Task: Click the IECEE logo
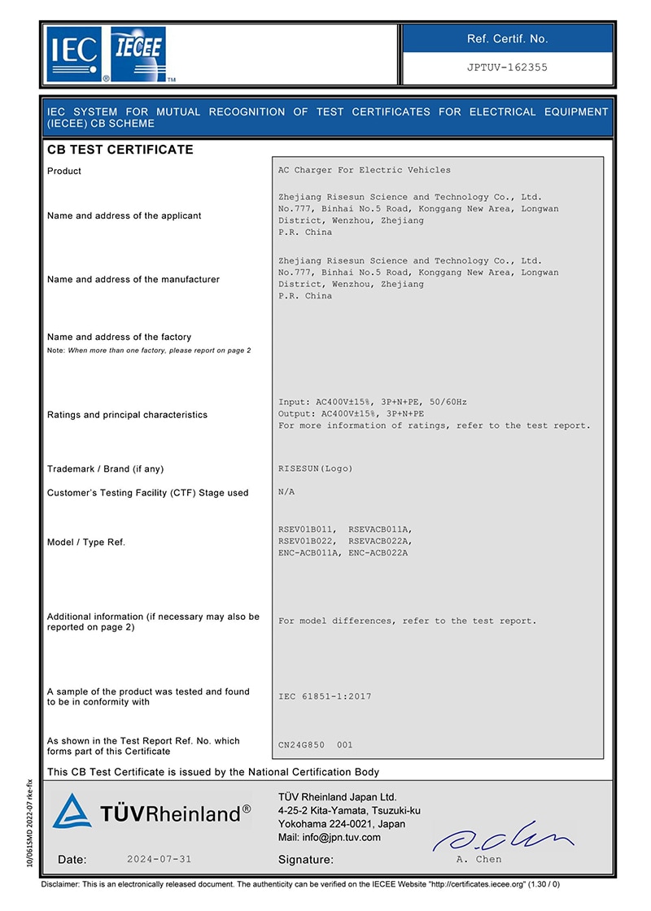[138, 54]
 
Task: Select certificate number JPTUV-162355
[507, 68]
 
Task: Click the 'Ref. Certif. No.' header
[507, 38]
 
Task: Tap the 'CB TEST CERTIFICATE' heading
[120, 150]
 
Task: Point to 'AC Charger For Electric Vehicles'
[364, 170]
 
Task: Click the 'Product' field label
[64, 171]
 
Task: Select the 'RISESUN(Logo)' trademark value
[316, 469]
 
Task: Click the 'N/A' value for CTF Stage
[287, 492]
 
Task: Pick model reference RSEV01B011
[307, 530]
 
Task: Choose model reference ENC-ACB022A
[378, 553]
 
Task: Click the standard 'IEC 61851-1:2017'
[325, 696]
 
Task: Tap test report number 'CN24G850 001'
[316, 744]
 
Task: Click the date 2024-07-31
[160, 859]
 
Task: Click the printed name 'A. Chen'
[478, 859]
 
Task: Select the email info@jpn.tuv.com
[329, 837]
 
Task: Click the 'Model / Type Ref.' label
[86, 542]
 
